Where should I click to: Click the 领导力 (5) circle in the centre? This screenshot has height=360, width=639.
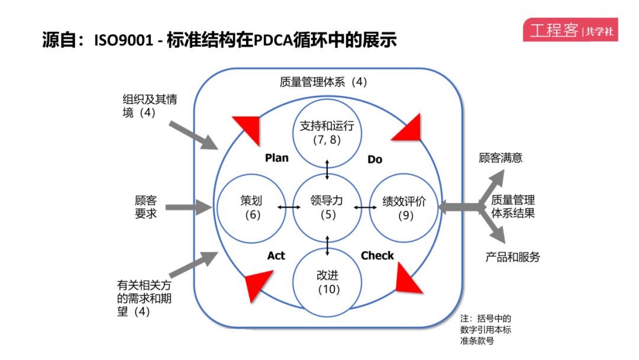pyautogui.click(x=327, y=207)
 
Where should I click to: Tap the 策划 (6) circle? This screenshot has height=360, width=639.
pyautogui.click(x=252, y=207)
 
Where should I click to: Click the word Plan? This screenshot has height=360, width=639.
pyautogui.click(x=277, y=158)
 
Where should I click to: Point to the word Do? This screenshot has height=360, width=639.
pyautogui.click(x=375, y=159)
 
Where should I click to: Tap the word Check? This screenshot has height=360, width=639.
pyautogui.click(x=377, y=256)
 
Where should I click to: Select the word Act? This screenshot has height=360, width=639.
pyautogui.click(x=276, y=256)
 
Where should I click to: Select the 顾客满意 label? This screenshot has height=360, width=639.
pyautogui.click(x=501, y=158)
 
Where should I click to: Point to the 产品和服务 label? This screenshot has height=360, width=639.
pyautogui.click(x=513, y=257)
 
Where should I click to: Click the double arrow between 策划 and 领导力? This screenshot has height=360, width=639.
pyautogui.click(x=289, y=207)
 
